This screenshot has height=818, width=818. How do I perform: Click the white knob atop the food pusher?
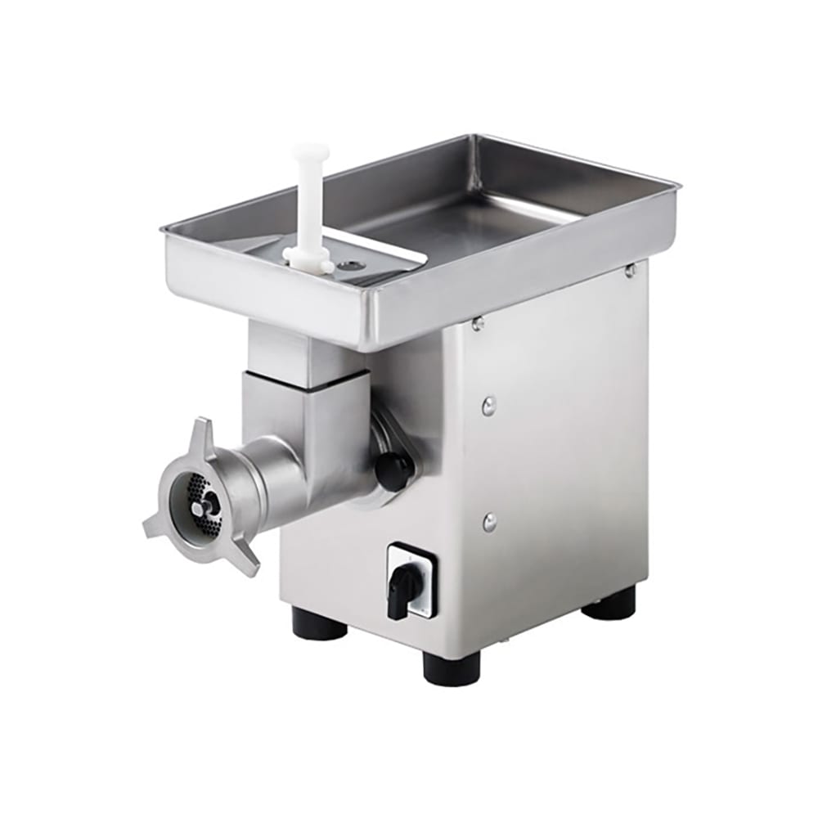[311, 153]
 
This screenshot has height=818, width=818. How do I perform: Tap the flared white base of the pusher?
[308, 260]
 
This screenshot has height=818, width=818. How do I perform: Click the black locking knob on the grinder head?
[394, 470]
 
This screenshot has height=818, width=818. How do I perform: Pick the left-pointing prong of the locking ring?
[155, 528]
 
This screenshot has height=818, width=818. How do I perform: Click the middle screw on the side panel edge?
[488, 403]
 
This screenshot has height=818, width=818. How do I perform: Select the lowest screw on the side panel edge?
[489, 521]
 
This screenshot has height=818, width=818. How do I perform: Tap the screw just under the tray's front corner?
[478, 325]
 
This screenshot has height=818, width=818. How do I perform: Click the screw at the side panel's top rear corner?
[631, 270]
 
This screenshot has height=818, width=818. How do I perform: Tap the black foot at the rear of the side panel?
[609, 604]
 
